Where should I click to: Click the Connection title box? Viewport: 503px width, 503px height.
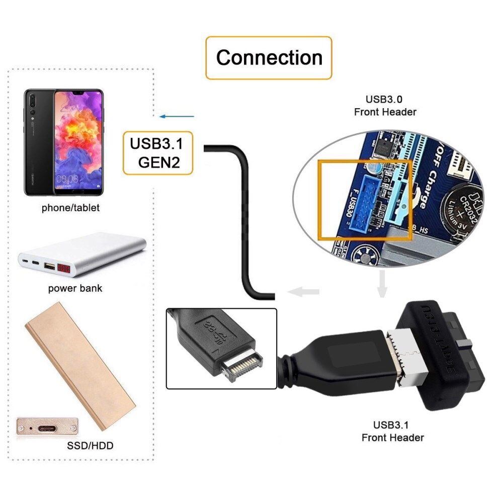pos(269,58)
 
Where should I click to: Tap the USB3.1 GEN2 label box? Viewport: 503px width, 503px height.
pos(157,153)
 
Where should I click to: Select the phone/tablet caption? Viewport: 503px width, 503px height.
pos(70,207)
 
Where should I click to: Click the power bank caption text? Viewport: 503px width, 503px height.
pos(75,288)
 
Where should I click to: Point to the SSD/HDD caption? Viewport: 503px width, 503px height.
pos(90,445)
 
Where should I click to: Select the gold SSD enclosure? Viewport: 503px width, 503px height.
pos(80,365)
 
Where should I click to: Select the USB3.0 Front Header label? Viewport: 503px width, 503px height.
pos(385,106)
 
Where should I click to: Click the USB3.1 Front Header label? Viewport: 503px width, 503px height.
pos(392,432)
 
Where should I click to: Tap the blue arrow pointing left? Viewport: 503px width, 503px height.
pos(177,117)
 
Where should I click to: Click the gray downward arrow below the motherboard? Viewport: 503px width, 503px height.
pos(382,284)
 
